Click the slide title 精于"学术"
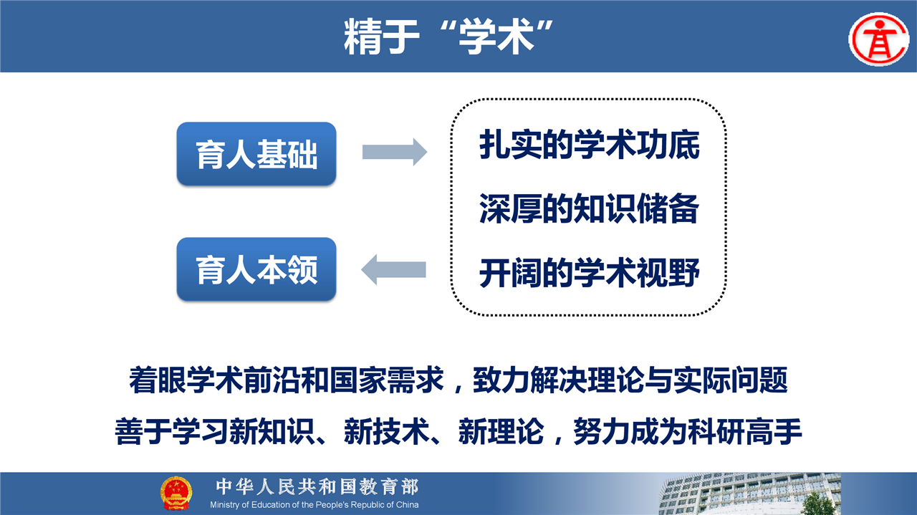tap(448, 37)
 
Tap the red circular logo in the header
tap(879, 39)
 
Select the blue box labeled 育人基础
tap(256, 154)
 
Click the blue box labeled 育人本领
tap(256, 269)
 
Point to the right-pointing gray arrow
tap(395, 152)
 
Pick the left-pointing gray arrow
tap(393, 269)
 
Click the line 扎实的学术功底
tap(590, 145)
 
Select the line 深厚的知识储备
tap(590, 208)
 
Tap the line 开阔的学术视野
tap(590, 273)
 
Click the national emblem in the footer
tap(176, 494)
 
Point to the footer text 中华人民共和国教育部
tap(317, 487)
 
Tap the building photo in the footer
tap(749, 494)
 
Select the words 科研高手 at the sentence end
tap(744, 432)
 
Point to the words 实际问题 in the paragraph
tap(731, 380)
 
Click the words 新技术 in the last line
tap(386, 432)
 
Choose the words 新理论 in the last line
tap(501, 432)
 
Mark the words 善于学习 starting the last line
tap(171, 432)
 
